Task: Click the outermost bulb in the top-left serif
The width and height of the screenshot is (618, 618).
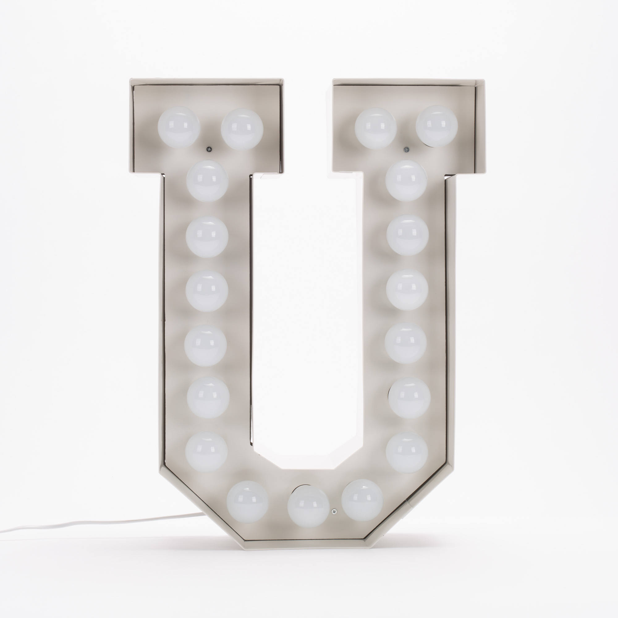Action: (179, 127)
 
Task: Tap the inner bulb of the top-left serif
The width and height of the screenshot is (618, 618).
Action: (242, 129)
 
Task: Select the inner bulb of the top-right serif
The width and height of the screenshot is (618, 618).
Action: (375, 128)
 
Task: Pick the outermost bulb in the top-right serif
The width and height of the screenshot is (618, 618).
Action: (437, 126)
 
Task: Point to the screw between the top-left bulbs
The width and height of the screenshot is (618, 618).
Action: (209, 149)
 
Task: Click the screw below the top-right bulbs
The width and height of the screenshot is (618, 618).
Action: (406, 149)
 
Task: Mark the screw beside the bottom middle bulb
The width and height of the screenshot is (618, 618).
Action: (334, 511)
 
